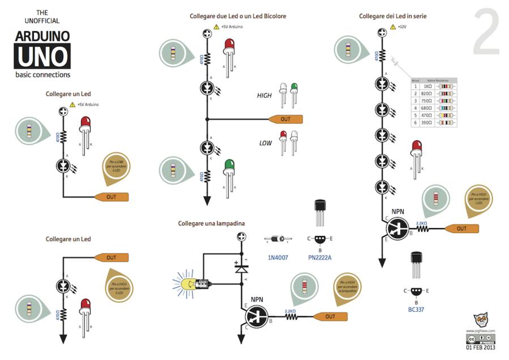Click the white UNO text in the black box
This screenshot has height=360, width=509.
pyautogui.click(x=42, y=57)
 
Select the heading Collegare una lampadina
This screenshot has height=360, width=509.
pyautogui.click(x=211, y=224)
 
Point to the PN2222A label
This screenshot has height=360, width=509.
pyautogui.click(x=319, y=258)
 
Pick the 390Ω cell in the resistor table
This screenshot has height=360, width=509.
pyautogui.click(x=428, y=122)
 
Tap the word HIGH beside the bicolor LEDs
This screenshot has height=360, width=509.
pyautogui.click(x=264, y=96)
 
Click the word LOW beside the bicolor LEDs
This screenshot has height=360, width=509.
pyautogui.click(x=265, y=143)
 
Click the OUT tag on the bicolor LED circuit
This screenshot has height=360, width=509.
pyautogui.click(x=285, y=119)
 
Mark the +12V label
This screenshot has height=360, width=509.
pyautogui.click(x=403, y=27)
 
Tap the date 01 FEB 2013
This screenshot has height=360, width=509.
pyautogui.click(x=481, y=348)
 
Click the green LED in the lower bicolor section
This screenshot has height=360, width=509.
pyautogui.click(x=229, y=165)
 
